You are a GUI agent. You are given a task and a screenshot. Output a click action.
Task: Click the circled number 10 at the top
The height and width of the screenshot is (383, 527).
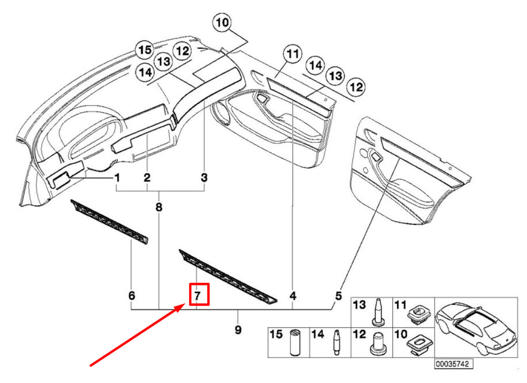click(x=222, y=23)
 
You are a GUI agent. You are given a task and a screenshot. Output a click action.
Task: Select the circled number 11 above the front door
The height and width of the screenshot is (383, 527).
click(x=292, y=54)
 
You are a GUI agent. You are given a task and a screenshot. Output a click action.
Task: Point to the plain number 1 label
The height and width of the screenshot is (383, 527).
click(x=117, y=177)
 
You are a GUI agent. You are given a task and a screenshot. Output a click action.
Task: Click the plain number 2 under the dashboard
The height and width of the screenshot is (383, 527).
click(x=147, y=177)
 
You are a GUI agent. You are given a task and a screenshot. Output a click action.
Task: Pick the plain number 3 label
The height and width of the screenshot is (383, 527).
click(x=204, y=177)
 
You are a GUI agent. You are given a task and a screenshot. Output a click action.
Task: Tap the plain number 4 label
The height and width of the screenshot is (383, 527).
click(x=292, y=296)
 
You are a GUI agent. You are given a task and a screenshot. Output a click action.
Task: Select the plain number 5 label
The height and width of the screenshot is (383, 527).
click(x=338, y=296)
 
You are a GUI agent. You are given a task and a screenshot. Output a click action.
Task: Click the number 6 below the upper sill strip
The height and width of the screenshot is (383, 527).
click(x=132, y=295)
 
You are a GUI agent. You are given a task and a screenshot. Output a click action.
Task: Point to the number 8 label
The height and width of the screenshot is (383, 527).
click(x=159, y=207)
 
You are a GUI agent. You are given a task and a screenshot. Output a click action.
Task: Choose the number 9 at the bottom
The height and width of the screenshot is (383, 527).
click(x=238, y=329)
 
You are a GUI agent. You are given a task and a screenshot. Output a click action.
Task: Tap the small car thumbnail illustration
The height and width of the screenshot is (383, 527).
click(x=476, y=327)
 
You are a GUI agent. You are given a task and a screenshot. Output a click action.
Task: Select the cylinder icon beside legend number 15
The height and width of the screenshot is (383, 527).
click(x=295, y=342)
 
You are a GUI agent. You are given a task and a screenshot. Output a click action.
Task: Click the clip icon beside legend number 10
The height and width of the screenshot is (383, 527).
click(x=418, y=343)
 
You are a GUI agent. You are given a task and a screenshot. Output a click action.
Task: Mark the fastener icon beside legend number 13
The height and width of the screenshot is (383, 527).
click(x=378, y=312)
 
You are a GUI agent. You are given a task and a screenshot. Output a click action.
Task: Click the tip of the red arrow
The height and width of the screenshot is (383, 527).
click(x=184, y=303)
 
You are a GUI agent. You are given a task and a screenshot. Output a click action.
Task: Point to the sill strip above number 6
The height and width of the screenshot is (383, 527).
click(x=110, y=222)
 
